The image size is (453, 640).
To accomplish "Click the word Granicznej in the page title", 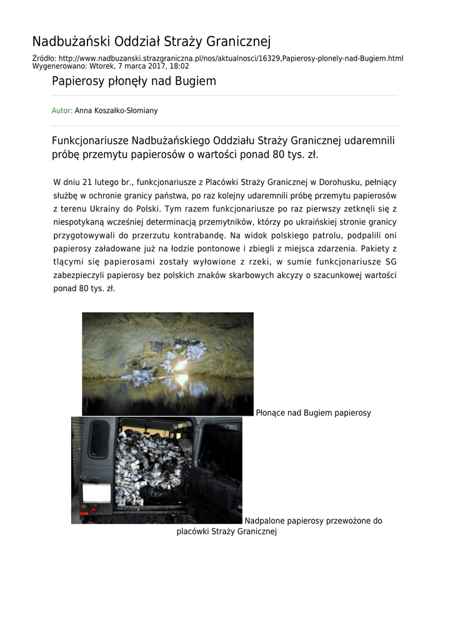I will pyautogui.click(x=238, y=42).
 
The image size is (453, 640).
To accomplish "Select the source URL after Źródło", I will pyautogui.click(x=231, y=58).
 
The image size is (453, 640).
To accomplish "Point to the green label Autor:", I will pyautogui.click(x=62, y=111).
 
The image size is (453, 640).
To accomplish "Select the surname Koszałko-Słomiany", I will pyautogui.click(x=129, y=111).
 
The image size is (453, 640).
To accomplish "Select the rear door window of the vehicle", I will pyautogui.click(x=99, y=439).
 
